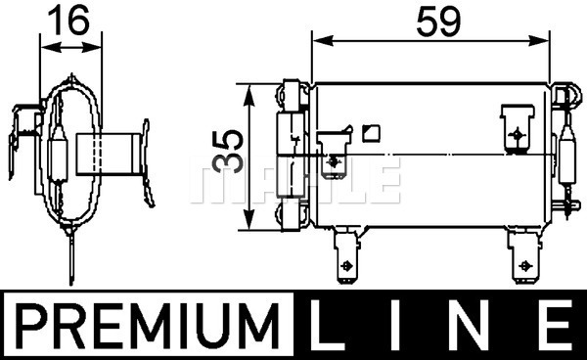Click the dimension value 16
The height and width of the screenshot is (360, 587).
[68, 20]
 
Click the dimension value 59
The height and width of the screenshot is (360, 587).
[438, 22]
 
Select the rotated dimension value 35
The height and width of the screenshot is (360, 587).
[228, 152]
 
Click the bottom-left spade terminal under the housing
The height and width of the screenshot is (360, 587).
[346, 255]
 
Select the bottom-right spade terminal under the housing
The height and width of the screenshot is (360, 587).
[524, 255]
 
